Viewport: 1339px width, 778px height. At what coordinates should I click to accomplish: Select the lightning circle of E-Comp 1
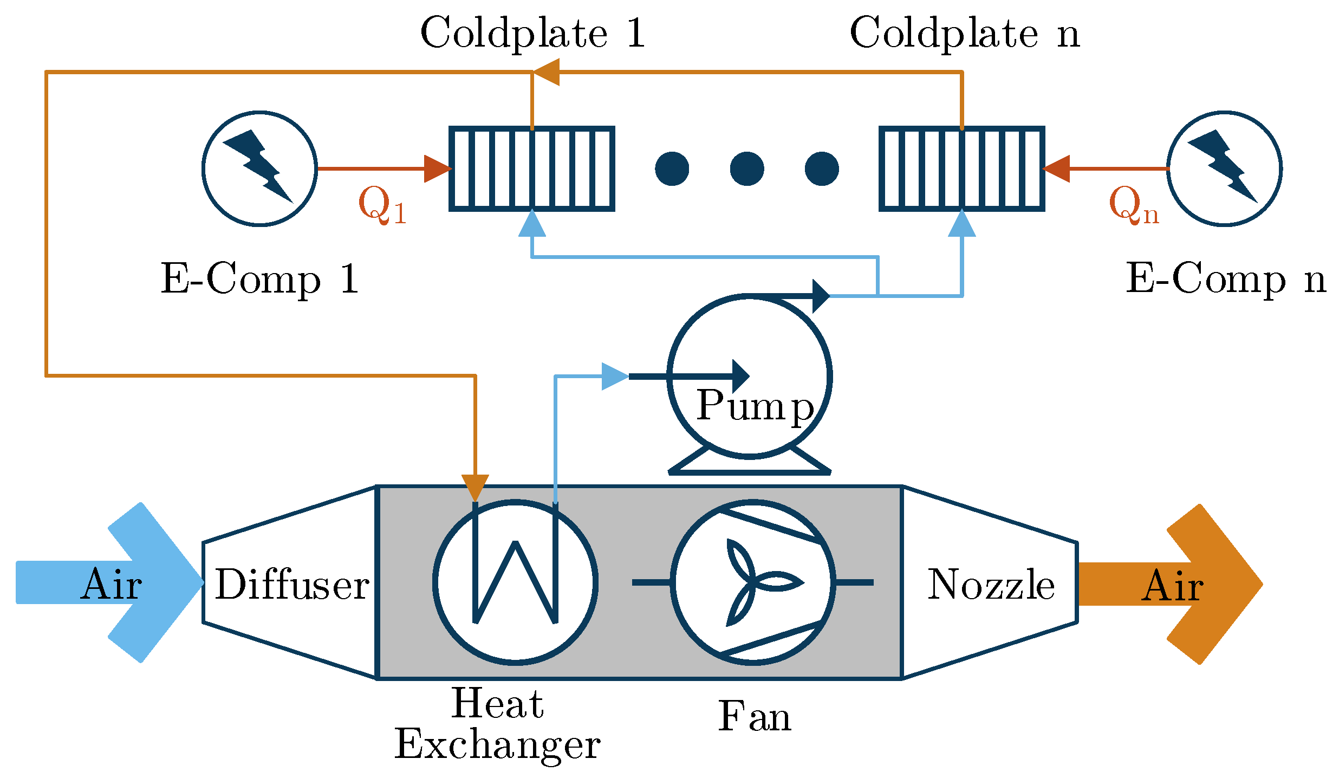pyautogui.click(x=259, y=168)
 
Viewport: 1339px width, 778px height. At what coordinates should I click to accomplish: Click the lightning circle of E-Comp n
pyautogui.click(x=1224, y=168)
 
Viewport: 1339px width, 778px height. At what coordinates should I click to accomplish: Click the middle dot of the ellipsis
pyautogui.click(x=747, y=168)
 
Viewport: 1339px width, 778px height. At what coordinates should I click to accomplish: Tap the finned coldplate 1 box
pyautogui.click(x=532, y=168)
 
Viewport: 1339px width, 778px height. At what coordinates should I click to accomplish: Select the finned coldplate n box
pyautogui.click(x=961, y=168)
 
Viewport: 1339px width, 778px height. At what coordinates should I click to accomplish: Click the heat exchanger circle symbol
pyautogui.click(x=515, y=582)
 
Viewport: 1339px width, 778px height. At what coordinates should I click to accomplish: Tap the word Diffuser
pyautogui.click(x=292, y=585)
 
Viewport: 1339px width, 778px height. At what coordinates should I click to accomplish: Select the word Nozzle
pyautogui.click(x=991, y=585)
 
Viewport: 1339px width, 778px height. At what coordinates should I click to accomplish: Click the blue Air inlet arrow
pyautogui.click(x=108, y=583)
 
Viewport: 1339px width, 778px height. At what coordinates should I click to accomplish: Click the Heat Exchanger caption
pyautogui.click(x=497, y=724)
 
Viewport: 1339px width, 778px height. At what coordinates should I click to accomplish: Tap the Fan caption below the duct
pyautogui.click(x=755, y=716)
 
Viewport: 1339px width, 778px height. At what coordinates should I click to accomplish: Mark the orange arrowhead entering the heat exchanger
pyautogui.click(x=475, y=487)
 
